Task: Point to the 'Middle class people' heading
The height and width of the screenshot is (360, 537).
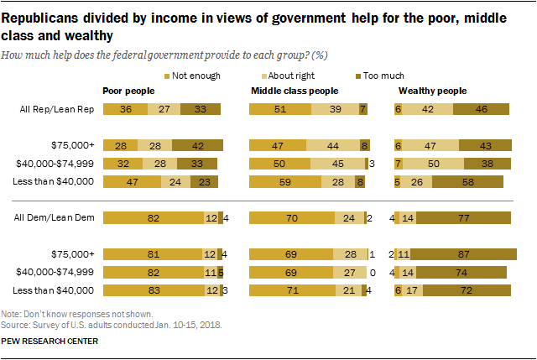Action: pos(295,90)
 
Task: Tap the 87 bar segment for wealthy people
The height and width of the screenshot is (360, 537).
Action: pos(468,254)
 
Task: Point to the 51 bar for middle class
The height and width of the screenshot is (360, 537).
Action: pos(281,109)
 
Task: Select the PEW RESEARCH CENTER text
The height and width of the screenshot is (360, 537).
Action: pos(50,342)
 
